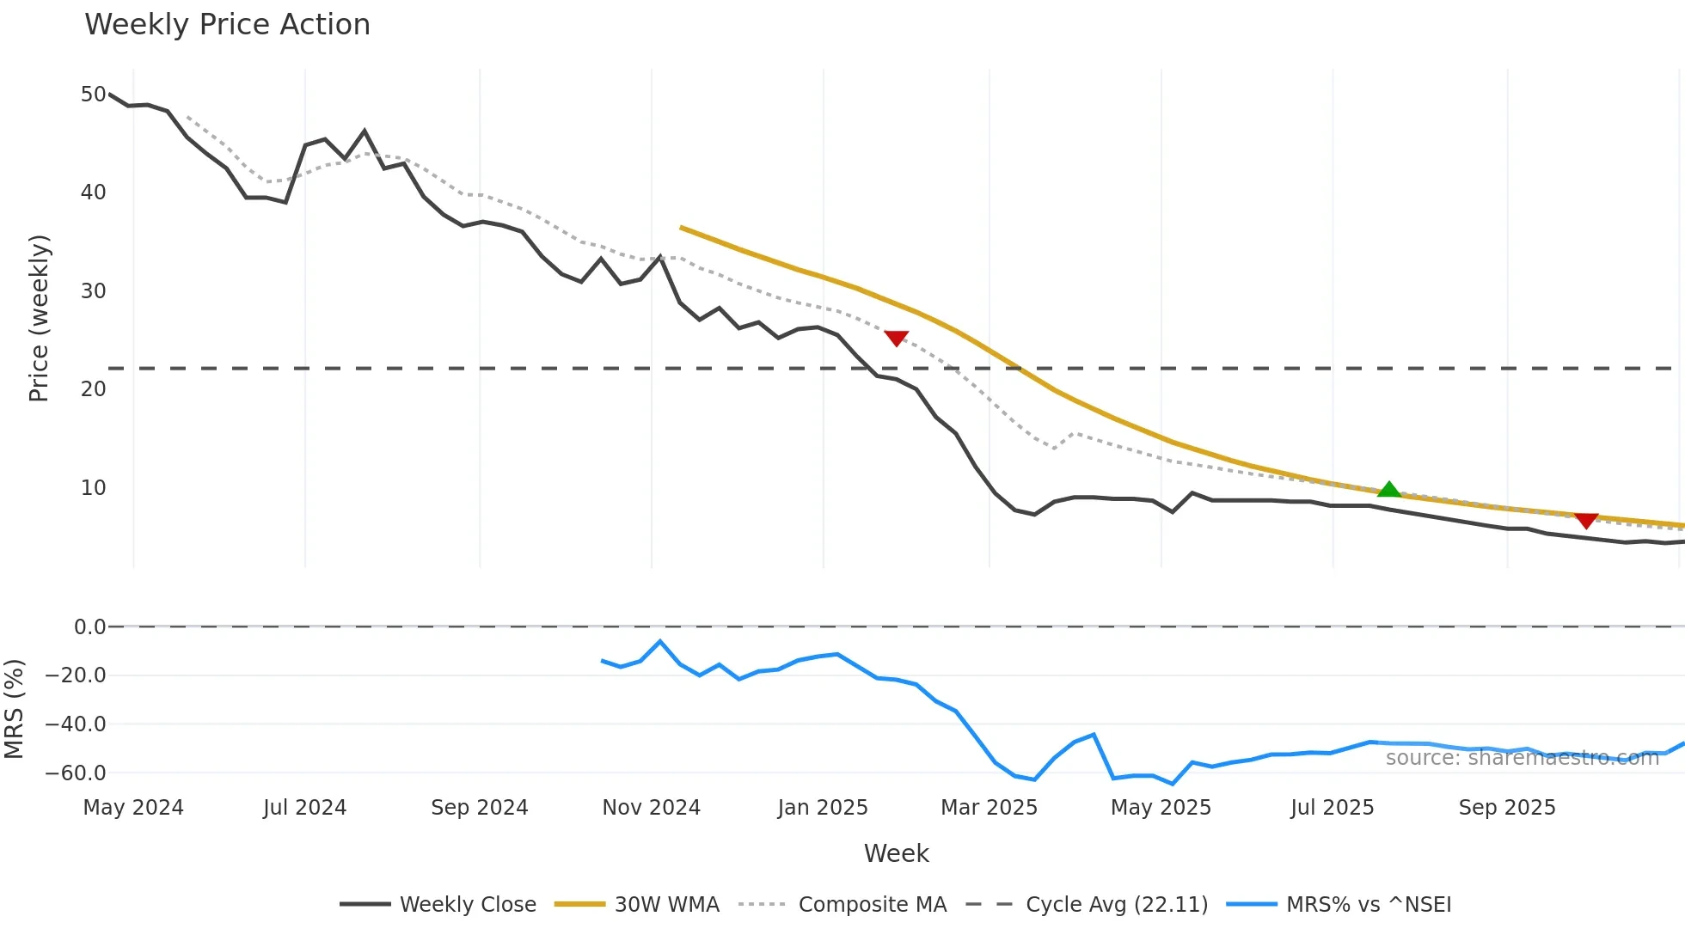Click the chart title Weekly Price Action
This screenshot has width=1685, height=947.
(x=227, y=25)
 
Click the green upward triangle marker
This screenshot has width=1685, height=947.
(x=1389, y=490)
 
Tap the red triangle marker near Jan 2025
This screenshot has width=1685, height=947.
(x=897, y=339)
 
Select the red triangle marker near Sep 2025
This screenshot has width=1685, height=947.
(x=1586, y=521)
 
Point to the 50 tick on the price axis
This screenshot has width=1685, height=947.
(x=93, y=95)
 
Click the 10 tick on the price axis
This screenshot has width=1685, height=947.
(x=93, y=488)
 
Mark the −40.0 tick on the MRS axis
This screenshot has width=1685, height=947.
(x=76, y=724)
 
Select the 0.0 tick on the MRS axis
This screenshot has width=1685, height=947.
(x=89, y=627)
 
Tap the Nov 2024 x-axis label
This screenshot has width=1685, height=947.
(x=651, y=808)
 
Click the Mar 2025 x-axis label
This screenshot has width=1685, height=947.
(x=989, y=808)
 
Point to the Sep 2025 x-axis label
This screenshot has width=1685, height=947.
(x=1506, y=808)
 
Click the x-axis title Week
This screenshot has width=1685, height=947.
(x=896, y=853)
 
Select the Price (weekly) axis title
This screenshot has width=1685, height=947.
(x=40, y=318)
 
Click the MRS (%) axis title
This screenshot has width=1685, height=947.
(x=14, y=709)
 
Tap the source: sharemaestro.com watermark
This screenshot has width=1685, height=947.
(x=1522, y=758)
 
